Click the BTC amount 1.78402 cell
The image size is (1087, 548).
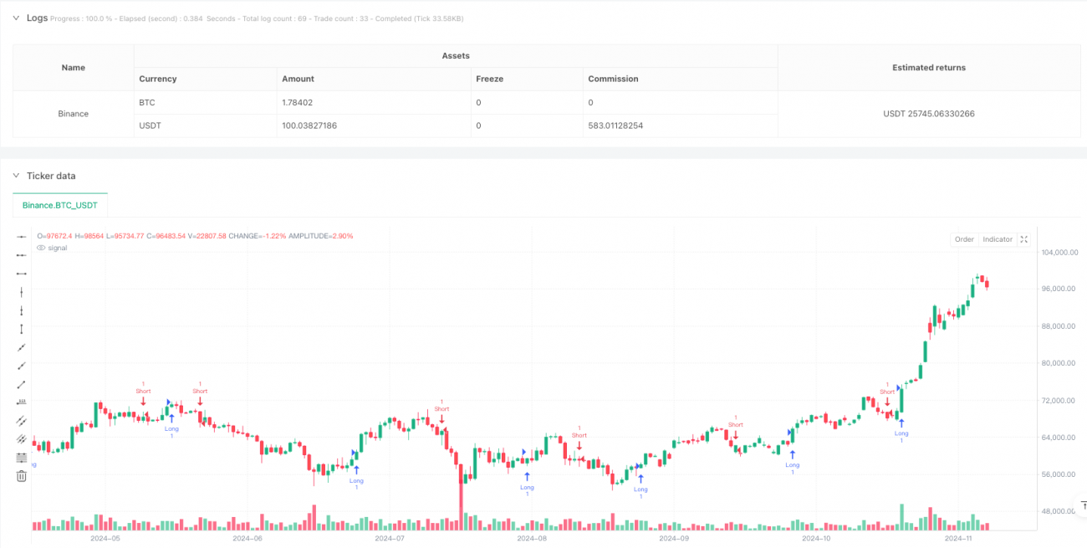(299, 102)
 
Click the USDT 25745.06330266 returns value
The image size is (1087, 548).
(928, 114)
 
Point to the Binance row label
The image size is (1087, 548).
(74, 114)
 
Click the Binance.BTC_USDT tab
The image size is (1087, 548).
(60, 204)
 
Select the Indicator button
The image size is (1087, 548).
(998, 239)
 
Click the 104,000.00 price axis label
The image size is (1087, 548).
(1059, 252)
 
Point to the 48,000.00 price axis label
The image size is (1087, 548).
(1059, 511)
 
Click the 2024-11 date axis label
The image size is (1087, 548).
(956, 539)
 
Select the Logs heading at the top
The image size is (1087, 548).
(38, 17)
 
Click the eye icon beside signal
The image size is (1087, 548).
(43, 248)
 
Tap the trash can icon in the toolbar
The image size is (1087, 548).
(22, 476)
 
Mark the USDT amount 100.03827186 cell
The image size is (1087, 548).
(312, 125)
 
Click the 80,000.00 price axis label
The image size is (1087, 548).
(1059, 363)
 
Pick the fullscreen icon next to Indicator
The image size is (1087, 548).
(1024, 239)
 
